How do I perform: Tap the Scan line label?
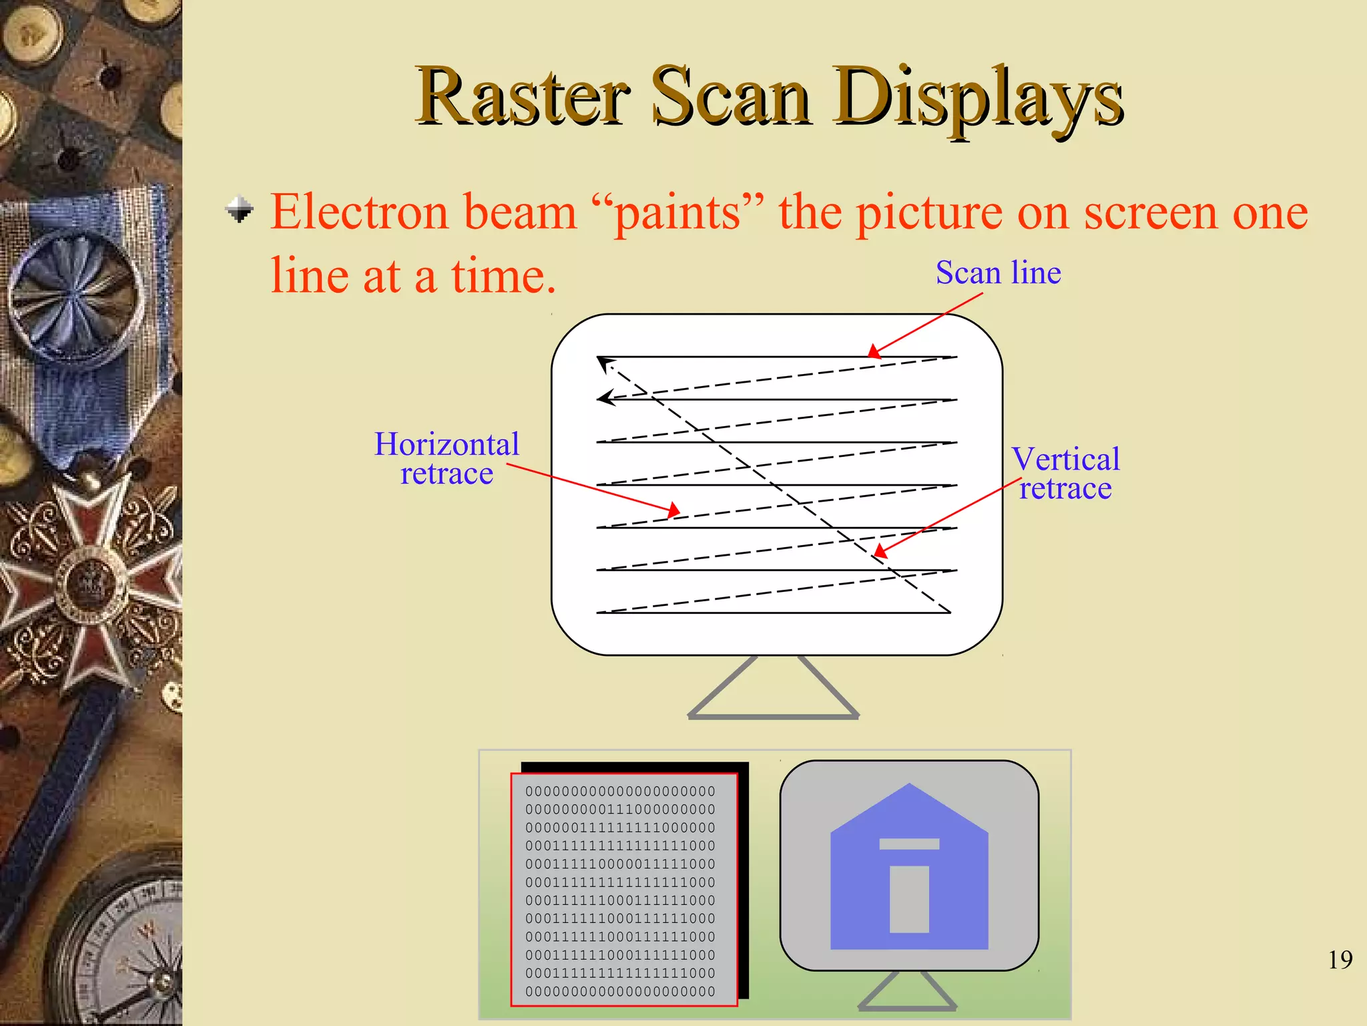[x=998, y=273]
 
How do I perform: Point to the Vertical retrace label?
[x=1065, y=474]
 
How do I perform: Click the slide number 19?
[x=1340, y=960]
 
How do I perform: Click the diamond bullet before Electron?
[x=240, y=209]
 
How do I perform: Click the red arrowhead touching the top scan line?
[x=874, y=352]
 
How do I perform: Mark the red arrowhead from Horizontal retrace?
[x=673, y=511]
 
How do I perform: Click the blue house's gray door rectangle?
[x=909, y=899]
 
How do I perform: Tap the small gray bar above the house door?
[x=909, y=844]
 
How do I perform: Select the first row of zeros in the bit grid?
[x=620, y=792]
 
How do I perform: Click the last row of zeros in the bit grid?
[x=620, y=992]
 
